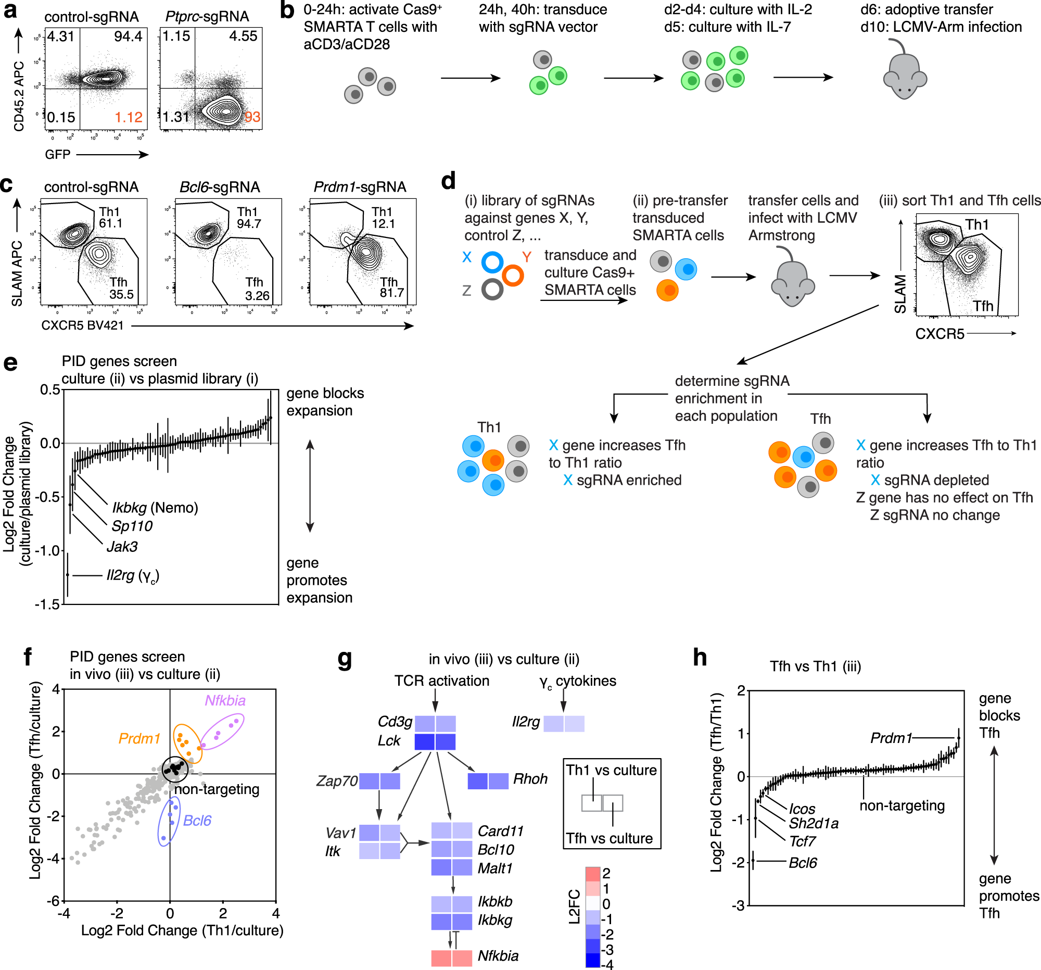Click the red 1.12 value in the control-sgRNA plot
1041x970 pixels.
pyautogui.click(x=129, y=117)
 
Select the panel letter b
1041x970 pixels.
pyautogui.click(x=287, y=10)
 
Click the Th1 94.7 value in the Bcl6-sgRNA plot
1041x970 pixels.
pyautogui.click(x=249, y=218)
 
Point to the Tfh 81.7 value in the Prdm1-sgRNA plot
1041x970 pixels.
pyautogui.click(x=391, y=287)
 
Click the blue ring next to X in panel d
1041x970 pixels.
pyautogui.click(x=492, y=262)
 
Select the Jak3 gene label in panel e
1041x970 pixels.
pyautogui.click(x=122, y=547)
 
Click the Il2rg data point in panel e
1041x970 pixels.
pyautogui.click(x=68, y=575)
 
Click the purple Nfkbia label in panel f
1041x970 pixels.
pyautogui.click(x=225, y=700)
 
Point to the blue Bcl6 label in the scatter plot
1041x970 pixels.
pyautogui.click(x=197, y=820)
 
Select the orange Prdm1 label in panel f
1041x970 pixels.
pyautogui.click(x=139, y=738)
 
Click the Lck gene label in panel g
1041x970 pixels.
pyautogui.click(x=388, y=740)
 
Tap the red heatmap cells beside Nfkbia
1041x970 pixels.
pyautogui.click(x=451, y=958)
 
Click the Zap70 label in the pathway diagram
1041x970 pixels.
pyautogui.click(x=337, y=781)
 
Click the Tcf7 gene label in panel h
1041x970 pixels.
pyautogui.click(x=802, y=841)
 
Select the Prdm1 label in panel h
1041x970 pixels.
pyautogui.click(x=891, y=738)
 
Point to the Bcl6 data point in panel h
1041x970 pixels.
pyautogui.click(x=753, y=861)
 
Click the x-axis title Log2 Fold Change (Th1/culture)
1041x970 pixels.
pyautogui.click(x=182, y=931)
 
